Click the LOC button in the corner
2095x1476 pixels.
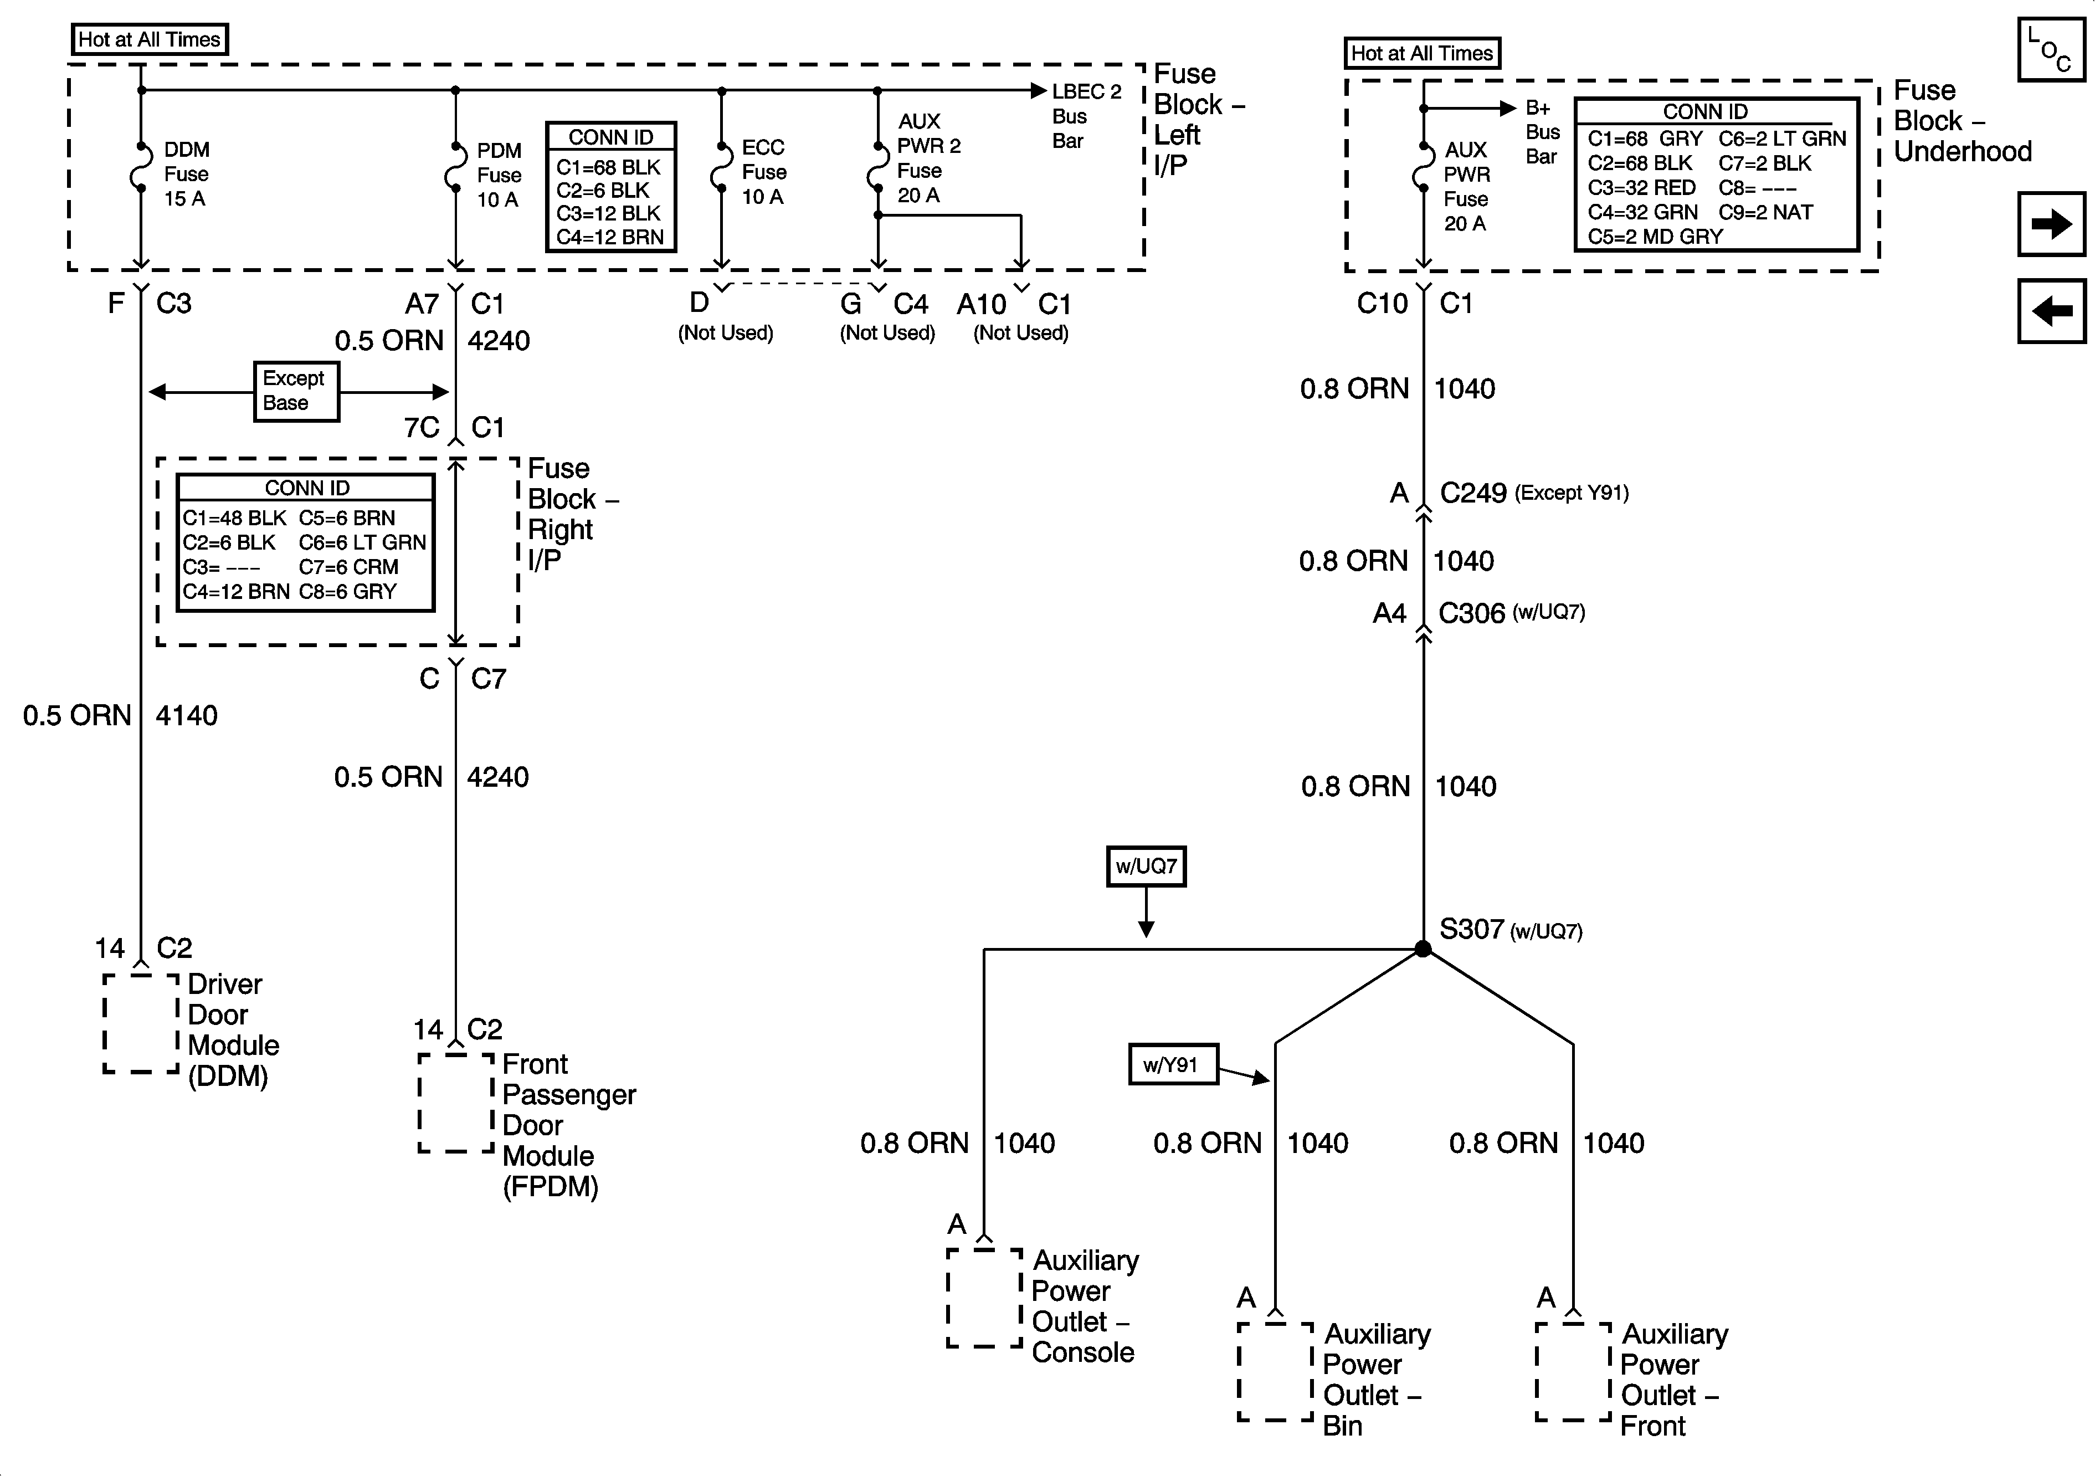[2050, 50]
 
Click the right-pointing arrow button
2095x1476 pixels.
[2050, 224]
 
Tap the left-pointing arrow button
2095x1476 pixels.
[2050, 311]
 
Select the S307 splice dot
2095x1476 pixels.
[1423, 949]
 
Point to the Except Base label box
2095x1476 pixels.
[296, 391]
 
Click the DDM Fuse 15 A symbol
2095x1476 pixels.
[141, 167]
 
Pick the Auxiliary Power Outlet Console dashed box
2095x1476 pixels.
[984, 1297]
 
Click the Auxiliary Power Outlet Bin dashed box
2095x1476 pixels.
[1275, 1371]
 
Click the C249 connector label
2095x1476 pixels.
[1473, 493]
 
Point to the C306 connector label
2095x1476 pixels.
[1471, 613]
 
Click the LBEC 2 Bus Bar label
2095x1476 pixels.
[1085, 116]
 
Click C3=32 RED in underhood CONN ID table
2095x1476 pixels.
[1641, 188]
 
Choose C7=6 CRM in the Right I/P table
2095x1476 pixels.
[348, 567]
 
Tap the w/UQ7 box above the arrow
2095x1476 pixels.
[1146, 865]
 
